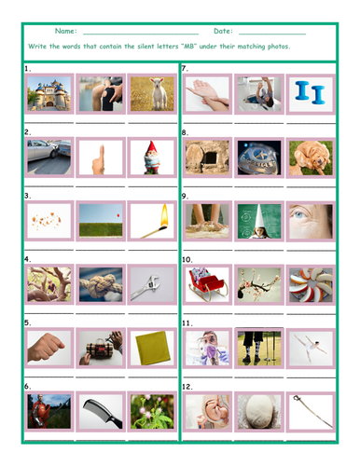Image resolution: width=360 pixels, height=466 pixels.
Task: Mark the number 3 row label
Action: coord(28,197)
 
